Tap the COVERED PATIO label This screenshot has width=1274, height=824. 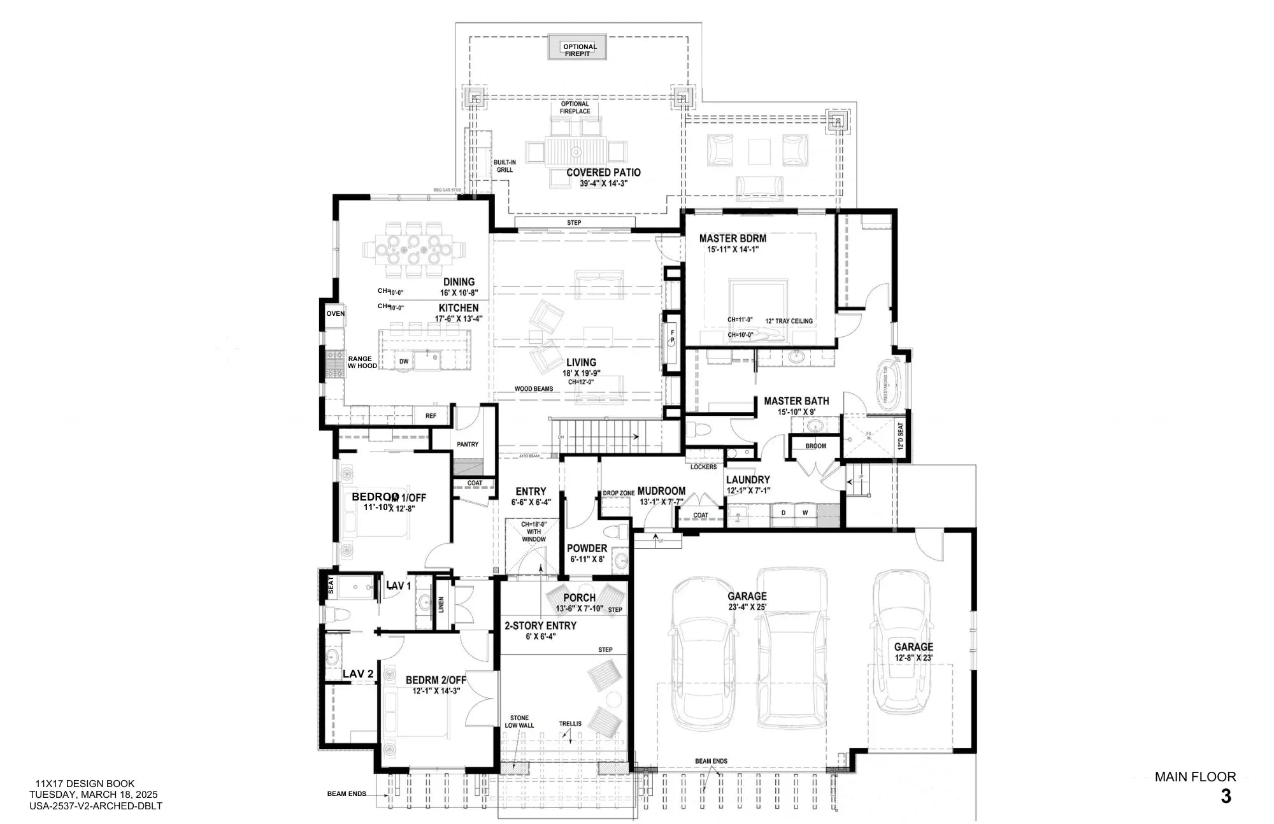(x=603, y=173)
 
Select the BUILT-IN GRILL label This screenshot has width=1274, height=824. (x=505, y=166)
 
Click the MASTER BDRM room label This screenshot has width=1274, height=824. (x=733, y=239)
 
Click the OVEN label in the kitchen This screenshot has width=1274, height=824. (x=335, y=314)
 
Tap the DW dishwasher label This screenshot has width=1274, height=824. (x=404, y=362)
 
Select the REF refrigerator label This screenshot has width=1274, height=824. (x=431, y=416)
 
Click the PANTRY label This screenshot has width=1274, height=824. (x=468, y=444)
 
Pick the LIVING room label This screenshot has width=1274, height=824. (x=581, y=362)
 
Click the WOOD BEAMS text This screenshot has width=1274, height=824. (x=534, y=389)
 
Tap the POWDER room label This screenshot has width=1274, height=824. (x=587, y=548)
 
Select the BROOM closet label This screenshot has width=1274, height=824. (x=815, y=446)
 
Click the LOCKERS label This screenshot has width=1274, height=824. (x=703, y=467)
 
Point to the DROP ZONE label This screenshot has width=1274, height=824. (x=618, y=494)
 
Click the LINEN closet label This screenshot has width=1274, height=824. (x=441, y=605)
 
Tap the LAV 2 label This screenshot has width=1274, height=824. (x=358, y=674)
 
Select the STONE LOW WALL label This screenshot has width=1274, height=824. (x=519, y=721)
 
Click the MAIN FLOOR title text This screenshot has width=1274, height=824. (x=1195, y=777)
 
